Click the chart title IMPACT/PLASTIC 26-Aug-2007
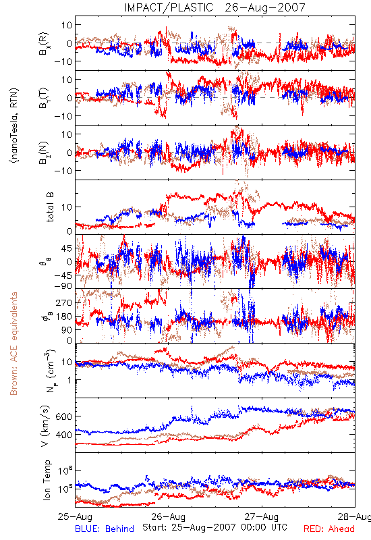click(x=215, y=7)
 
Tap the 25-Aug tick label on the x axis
click(x=75, y=516)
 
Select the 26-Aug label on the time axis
click(x=168, y=516)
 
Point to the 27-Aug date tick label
click(x=262, y=516)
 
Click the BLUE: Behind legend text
click(x=105, y=529)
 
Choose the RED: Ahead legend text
click(x=329, y=529)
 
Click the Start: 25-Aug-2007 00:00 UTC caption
click(x=215, y=527)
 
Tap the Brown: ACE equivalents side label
click(x=13, y=344)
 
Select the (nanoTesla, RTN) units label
click(x=14, y=126)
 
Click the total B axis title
click(x=50, y=207)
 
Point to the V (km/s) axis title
click(x=45, y=426)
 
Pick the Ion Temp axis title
click(x=47, y=479)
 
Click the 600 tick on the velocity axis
click(x=63, y=416)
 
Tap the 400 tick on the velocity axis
click(x=63, y=435)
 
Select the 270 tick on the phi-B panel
click(x=63, y=302)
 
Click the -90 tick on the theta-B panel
click(x=62, y=286)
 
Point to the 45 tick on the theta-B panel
click(x=66, y=248)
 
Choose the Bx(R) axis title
click(x=44, y=44)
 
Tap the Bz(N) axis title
click(x=44, y=153)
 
